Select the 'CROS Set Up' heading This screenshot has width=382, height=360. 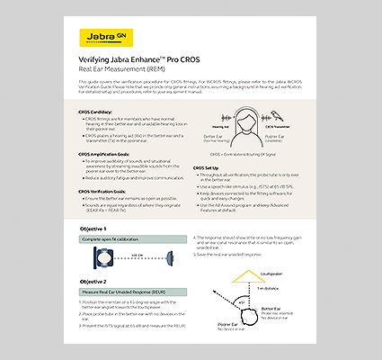[x=210, y=167]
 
